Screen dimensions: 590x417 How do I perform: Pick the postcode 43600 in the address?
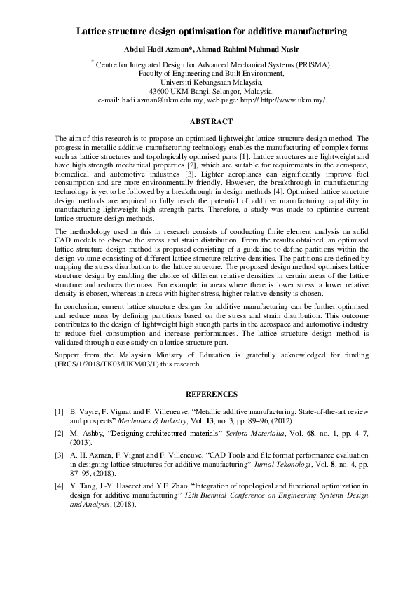pos(162,91)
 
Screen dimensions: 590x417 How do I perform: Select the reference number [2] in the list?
pos(60,435)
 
